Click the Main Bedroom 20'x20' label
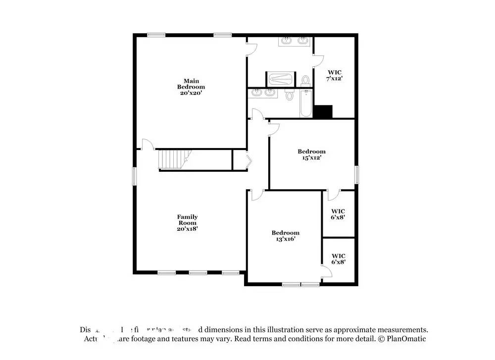[191, 87]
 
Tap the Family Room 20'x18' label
[188, 223]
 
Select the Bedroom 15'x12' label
[311, 154]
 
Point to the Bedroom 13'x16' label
[285, 236]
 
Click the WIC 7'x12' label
[334, 75]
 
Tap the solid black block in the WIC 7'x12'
[323, 112]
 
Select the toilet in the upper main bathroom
[305, 80]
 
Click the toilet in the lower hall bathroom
[290, 94]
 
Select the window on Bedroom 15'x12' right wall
[356, 175]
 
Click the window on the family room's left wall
[134, 176]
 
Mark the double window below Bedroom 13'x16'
[301, 284]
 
